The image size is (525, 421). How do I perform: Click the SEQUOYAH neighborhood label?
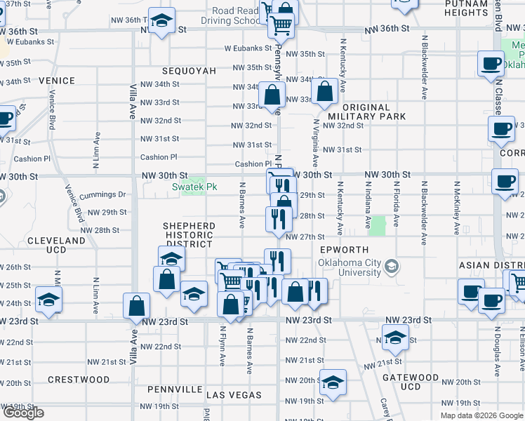click(x=187, y=72)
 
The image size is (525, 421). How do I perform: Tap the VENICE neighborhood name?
click(x=57, y=81)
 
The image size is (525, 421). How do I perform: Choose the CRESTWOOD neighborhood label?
click(x=79, y=380)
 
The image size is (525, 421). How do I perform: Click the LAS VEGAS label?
click(x=233, y=396)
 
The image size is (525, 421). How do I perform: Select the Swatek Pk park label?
click(x=190, y=187)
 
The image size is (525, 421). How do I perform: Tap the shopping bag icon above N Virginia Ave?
click(x=325, y=91)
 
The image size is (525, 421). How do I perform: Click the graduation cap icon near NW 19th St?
click(x=333, y=382)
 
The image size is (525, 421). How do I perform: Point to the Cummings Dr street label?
click(x=102, y=194)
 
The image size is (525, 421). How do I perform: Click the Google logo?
click(x=23, y=413)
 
